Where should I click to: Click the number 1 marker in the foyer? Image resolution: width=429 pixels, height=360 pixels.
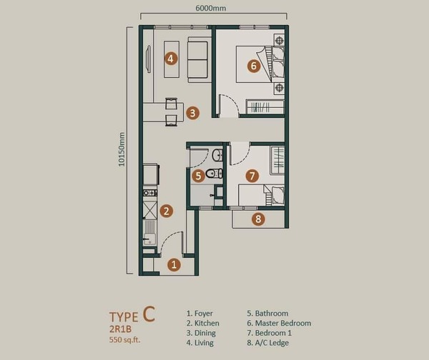point(174,264)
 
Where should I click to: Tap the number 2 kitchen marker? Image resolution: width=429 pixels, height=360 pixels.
point(167,211)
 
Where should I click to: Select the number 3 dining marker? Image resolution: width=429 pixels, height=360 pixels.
point(192,113)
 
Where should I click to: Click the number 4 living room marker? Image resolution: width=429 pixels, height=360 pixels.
point(171,59)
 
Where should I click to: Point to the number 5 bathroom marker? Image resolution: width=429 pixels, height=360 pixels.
point(198,176)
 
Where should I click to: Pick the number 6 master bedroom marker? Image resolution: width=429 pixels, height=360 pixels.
point(254,66)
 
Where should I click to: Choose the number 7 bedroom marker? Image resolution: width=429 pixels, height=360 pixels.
point(252,176)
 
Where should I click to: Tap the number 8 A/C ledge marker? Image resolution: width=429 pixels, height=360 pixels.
point(258,219)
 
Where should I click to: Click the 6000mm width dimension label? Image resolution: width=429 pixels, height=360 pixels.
point(211,8)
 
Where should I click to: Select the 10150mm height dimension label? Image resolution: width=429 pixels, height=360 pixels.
point(122,149)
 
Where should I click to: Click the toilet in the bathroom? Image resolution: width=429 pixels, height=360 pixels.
point(214,174)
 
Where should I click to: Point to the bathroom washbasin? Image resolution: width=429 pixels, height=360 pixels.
point(217,155)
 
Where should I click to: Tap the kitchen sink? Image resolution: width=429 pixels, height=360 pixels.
point(149,233)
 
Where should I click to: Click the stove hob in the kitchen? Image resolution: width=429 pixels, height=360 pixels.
point(150,193)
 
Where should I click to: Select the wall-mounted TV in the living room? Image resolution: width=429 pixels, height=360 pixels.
point(148,59)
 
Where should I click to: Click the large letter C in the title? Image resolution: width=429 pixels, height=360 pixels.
point(149,314)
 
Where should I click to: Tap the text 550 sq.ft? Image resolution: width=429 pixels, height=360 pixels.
point(124,340)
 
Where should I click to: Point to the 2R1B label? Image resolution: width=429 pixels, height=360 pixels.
point(120,329)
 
